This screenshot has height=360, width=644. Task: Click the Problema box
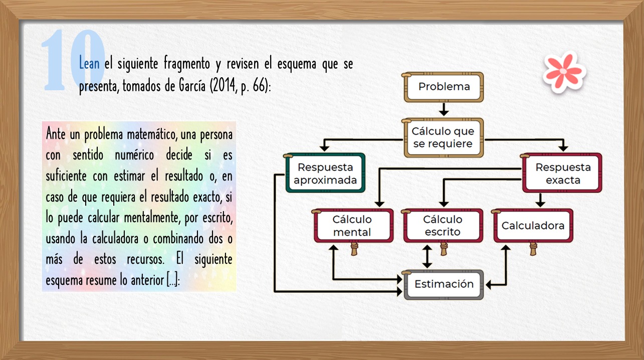[x=444, y=87]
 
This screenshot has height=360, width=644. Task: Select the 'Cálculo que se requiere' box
[x=444, y=137]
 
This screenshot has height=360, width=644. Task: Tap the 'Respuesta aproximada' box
[x=325, y=173]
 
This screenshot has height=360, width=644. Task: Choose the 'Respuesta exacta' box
[x=562, y=173]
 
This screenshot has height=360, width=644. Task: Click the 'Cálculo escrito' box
[x=443, y=226]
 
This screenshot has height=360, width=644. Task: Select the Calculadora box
[x=533, y=226]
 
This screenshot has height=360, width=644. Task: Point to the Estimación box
[x=444, y=285]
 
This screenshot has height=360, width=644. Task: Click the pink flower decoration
[x=564, y=72]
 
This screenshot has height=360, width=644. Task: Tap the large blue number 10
[x=73, y=60]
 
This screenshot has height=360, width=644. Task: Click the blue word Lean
[x=89, y=63]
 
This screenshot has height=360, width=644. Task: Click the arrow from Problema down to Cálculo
[x=444, y=109]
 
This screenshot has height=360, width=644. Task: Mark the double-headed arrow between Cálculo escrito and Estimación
[x=427, y=257]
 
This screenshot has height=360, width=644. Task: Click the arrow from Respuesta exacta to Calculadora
[x=540, y=200]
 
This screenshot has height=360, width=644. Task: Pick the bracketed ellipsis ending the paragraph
[x=173, y=280]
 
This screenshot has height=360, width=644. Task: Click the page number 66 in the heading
[x=259, y=86]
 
